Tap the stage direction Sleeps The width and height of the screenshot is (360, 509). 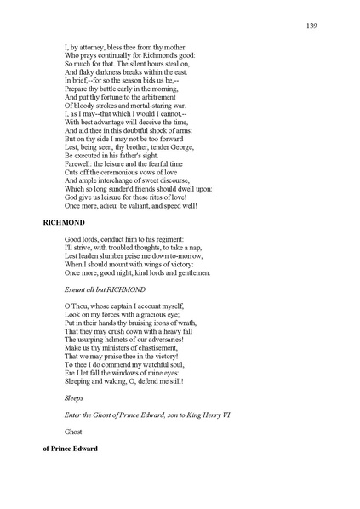point(74,397)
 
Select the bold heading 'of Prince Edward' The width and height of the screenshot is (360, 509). point(70,449)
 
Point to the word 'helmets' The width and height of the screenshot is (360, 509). point(116,340)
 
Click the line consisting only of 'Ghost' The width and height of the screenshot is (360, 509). point(75,432)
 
